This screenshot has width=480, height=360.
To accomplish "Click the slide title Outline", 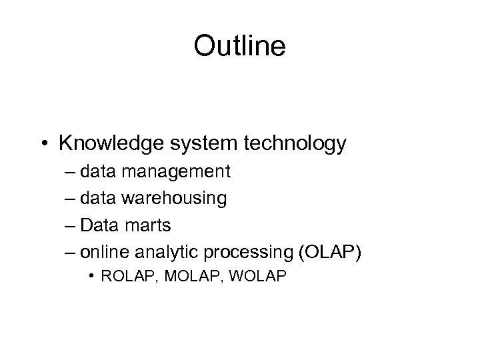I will (239, 47).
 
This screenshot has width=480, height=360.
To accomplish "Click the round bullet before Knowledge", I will (45, 143).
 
